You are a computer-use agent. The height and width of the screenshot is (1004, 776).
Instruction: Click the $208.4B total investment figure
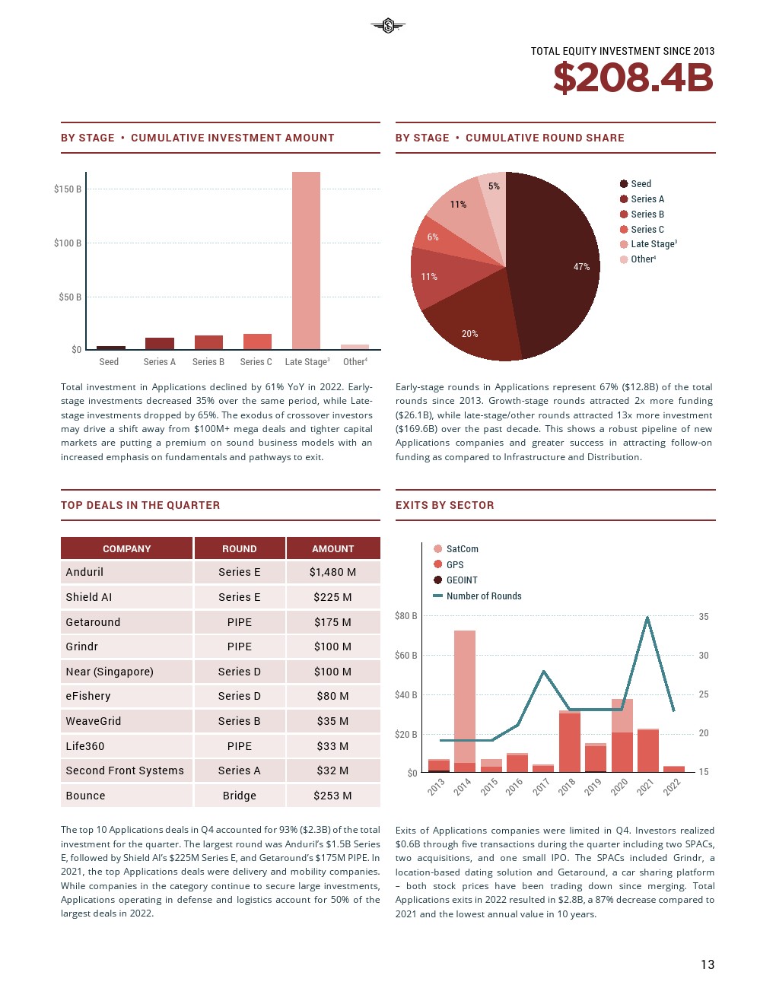633,78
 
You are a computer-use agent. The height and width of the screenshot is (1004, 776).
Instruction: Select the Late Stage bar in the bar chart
306,260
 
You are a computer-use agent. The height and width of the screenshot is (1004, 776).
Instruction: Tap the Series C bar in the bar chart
257,342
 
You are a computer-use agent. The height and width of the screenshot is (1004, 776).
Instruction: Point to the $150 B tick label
68,189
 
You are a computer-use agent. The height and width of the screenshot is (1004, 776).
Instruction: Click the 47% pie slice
555,259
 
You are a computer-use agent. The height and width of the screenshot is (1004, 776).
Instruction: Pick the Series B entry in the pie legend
647,214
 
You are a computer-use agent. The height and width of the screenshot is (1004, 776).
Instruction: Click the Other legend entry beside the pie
643,259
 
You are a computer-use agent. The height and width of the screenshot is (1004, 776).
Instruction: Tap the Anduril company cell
84,572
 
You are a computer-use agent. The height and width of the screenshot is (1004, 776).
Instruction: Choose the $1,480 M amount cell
332,572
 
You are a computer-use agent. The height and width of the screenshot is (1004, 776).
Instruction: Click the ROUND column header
239,548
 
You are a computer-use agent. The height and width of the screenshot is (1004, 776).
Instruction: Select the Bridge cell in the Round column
239,796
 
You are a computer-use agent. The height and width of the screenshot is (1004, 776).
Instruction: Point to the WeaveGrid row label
94,721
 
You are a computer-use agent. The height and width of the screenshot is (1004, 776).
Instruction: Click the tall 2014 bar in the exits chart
464,696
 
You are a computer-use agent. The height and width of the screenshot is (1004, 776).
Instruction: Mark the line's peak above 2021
647,617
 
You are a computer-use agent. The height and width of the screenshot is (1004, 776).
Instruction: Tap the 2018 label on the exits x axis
567,787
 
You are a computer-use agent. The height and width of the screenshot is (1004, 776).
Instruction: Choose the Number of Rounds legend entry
483,596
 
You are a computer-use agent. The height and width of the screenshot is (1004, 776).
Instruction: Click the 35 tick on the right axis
704,617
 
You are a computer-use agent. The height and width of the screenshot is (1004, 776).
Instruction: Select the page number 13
708,964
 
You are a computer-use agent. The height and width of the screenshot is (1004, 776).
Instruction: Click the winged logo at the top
388,27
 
